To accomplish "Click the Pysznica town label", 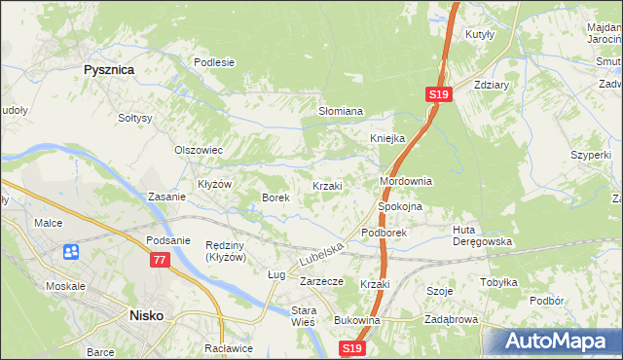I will (x=108, y=70).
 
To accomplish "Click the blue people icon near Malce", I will (x=71, y=253).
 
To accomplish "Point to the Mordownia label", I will (x=405, y=182).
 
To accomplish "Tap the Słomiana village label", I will (x=341, y=112).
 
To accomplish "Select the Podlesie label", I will (x=214, y=62).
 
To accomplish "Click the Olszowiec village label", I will (x=199, y=151).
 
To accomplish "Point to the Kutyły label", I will (x=481, y=34).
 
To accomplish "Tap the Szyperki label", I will (x=591, y=155).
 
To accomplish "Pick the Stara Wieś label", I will (x=305, y=317).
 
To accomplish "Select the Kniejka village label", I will (x=386, y=138).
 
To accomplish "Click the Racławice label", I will (x=223, y=347).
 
